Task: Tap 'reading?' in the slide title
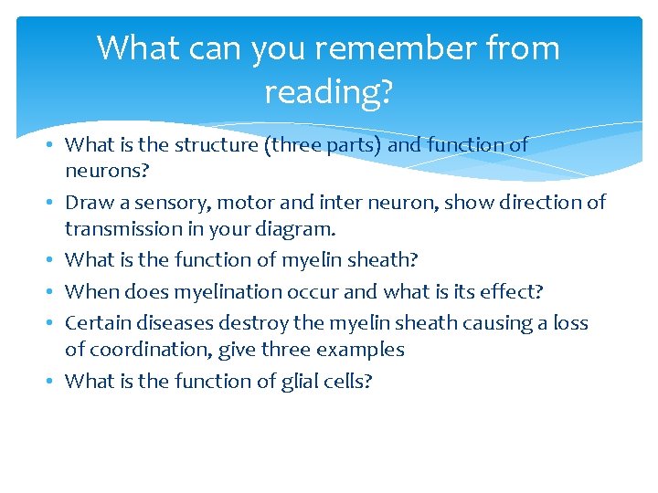[328, 90]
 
